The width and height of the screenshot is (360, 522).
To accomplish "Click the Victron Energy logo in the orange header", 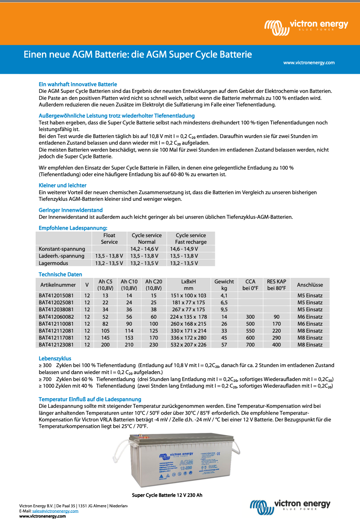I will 306,27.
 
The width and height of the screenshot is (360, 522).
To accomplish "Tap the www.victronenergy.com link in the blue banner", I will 309,63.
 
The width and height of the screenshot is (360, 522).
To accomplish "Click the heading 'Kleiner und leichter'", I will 62,185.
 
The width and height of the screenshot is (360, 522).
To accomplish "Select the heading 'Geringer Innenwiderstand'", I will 71,210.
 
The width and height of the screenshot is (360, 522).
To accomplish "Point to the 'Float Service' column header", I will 109,239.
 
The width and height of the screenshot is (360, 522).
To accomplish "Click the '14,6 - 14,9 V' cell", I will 184,249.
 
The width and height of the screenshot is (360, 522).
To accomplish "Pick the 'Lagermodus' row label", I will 53,263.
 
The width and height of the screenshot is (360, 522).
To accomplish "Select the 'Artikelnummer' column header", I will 58,285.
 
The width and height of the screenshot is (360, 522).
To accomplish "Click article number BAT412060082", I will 56,317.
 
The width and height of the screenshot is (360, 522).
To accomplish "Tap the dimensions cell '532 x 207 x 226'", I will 188,345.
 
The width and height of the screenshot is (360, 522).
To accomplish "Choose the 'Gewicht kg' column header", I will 224,285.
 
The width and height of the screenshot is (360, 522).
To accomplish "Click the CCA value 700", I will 250,345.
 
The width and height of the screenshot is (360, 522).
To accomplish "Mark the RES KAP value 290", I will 276,338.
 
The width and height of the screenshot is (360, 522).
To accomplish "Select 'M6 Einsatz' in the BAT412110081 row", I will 310,324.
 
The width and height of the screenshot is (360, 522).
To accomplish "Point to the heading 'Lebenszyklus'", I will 55,358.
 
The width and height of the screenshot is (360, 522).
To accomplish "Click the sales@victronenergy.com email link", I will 55,511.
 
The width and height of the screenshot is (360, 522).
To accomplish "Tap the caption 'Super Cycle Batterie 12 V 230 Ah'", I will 167,495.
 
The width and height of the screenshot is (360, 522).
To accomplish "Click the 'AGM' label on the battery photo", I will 186,462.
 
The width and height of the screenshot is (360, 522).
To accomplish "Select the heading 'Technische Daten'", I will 60,274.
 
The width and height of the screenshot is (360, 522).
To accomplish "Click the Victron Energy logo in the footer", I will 290,507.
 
